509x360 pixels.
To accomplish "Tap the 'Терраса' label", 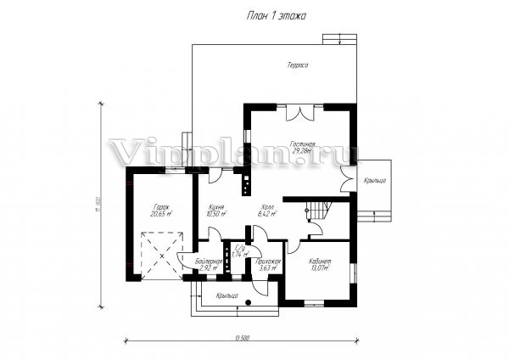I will point(296,65).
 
